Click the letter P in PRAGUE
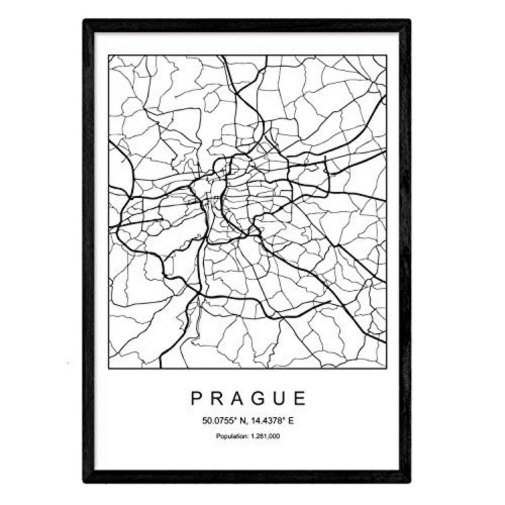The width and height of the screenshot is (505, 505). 197,398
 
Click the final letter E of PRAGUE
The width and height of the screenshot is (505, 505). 300,398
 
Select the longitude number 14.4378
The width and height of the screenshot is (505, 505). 266,420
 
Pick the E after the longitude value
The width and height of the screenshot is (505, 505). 290,420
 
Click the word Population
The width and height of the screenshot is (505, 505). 230,436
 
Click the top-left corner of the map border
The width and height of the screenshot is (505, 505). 109,56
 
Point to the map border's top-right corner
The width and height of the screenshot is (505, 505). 386,56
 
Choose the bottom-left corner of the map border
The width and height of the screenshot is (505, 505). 109,369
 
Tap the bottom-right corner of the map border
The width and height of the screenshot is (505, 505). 386,369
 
